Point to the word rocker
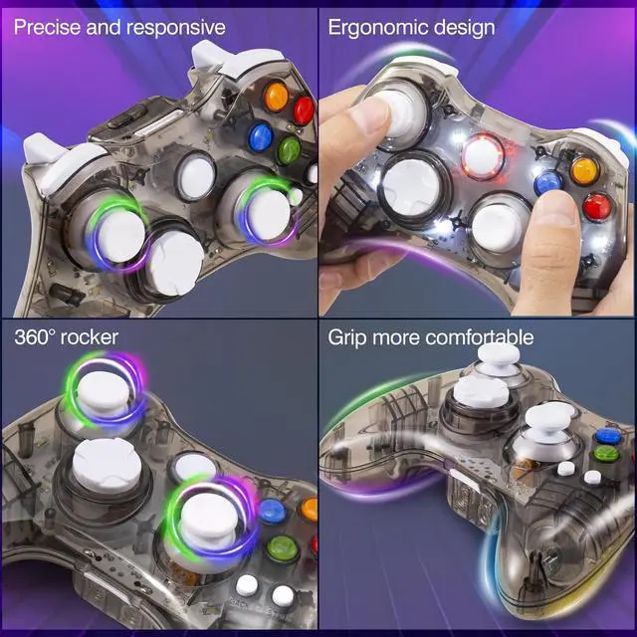(x=91, y=337)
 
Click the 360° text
(x=35, y=337)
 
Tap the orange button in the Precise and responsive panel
(x=276, y=97)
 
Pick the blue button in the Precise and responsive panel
(x=262, y=136)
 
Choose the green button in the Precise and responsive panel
(x=290, y=151)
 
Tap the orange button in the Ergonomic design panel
(x=583, y=170)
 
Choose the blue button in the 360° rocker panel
(x=271, y=513)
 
